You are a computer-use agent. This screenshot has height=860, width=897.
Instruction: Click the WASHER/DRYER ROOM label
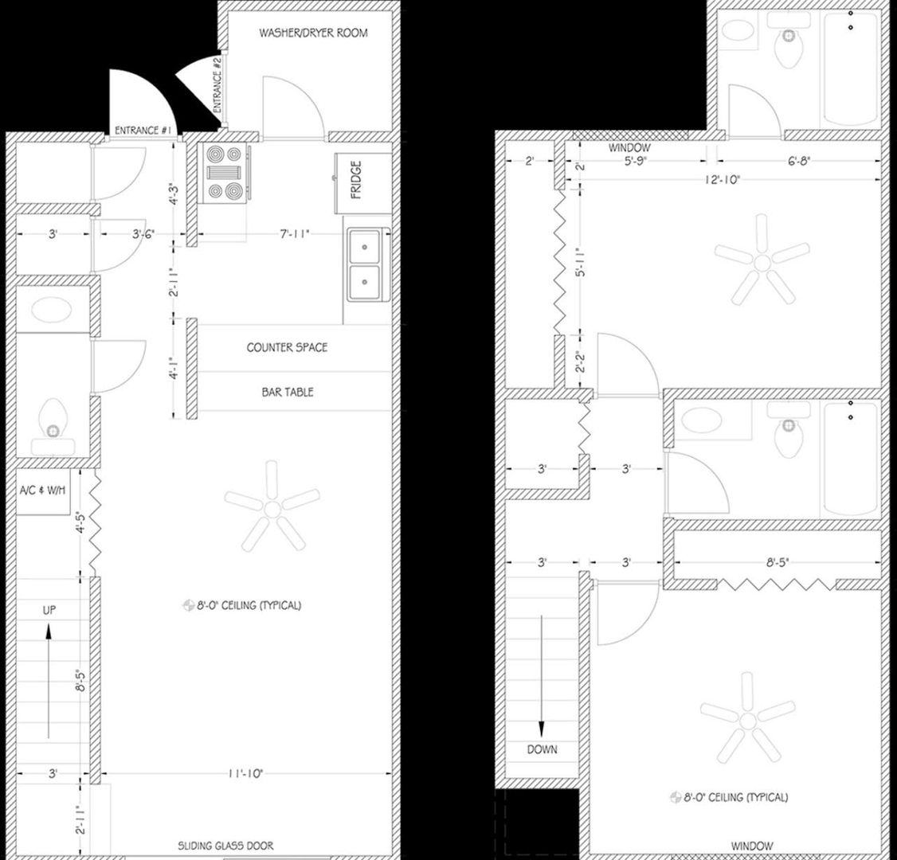[x=313, y=33]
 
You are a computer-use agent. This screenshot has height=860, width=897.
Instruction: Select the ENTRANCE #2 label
[x=217, y=86]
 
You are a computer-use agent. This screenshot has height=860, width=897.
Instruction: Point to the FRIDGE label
[x=355, y=180]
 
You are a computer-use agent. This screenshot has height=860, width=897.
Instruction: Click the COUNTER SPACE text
[x=287, y=347]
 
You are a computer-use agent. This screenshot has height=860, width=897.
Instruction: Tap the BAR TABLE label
[x=288, y=392]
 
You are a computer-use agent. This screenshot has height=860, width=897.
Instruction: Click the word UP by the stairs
[x=49, y=609]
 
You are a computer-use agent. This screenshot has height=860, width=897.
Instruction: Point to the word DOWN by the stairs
[x=542, y=749]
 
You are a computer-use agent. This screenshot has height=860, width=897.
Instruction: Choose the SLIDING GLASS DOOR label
[x=225, y=846]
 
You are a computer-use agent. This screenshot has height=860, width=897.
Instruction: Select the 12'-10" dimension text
[x=722, y=179]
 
